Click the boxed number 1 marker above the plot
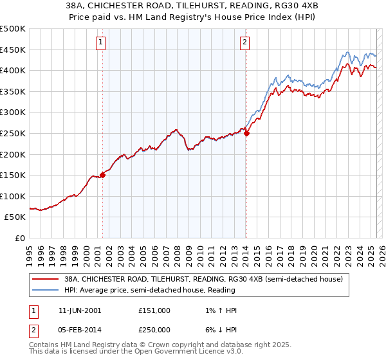[x=102, y=43]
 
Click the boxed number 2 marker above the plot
[x=245, y=43]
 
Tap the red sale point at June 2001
[x=102, y=175]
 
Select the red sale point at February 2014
[x=246, y=133]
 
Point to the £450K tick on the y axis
[x=13, y=50]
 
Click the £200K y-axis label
[x=13, y=154]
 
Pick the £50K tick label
[x=15, y=217]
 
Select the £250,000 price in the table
[x=154, y=328]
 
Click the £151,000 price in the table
[x=154, y=310]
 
